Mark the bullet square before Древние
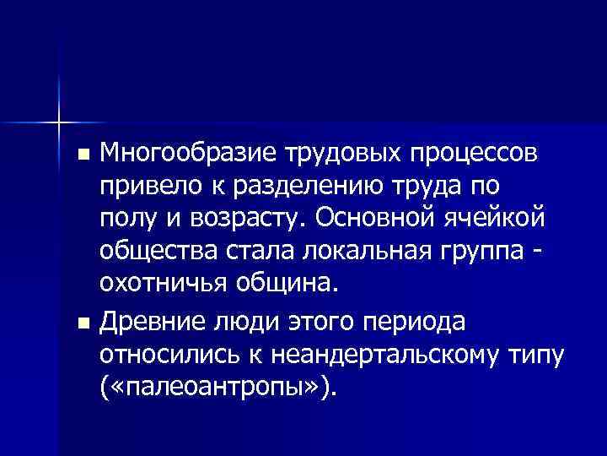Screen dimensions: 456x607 pos(81,323)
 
